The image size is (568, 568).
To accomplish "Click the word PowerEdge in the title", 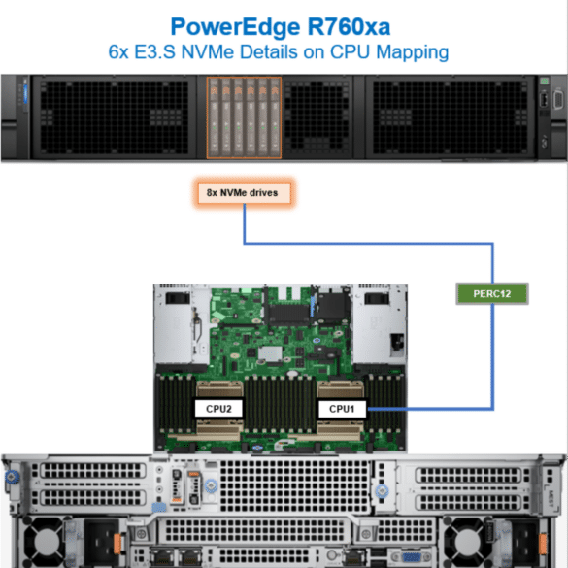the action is pos(235,28).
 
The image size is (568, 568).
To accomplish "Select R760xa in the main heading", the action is pos(349,27).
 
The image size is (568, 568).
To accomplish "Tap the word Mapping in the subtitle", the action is pos(413,52).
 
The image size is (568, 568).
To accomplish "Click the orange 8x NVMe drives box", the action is pos(244,192).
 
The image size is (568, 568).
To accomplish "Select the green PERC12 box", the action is pos(492,293).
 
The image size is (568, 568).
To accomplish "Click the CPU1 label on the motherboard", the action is pos(342,409).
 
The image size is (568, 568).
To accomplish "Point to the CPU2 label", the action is pos(218,409).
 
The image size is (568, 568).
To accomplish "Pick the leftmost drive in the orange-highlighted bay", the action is pos(214,117).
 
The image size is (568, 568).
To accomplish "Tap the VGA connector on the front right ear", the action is pos(555,100).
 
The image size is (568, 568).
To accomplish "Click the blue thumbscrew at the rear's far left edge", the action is pos(12,477).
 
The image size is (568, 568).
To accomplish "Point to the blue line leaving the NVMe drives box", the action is pos(368,243).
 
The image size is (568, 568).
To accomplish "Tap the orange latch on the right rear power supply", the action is pos(543,544).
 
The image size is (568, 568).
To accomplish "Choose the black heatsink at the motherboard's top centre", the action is pos(288,314).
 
